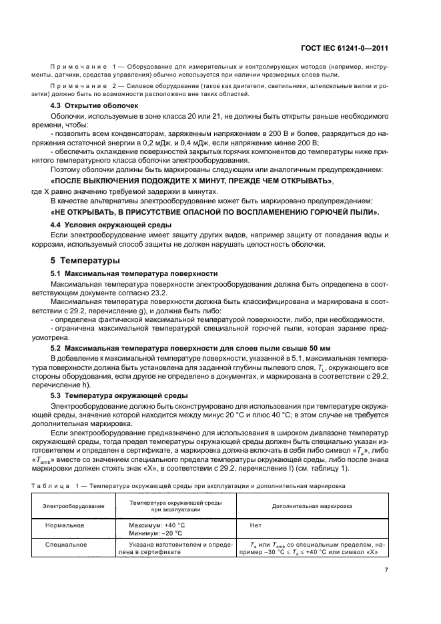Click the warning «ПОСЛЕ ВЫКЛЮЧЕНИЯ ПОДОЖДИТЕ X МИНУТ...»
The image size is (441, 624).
click(193, 181)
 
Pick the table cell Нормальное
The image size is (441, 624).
click(65, 525)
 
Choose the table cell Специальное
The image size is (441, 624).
click(66, 545)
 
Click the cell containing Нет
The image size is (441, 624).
click(256, 525)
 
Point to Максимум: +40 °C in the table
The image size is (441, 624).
click(157, 525)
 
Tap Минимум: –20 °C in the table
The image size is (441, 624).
click(155, 533)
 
